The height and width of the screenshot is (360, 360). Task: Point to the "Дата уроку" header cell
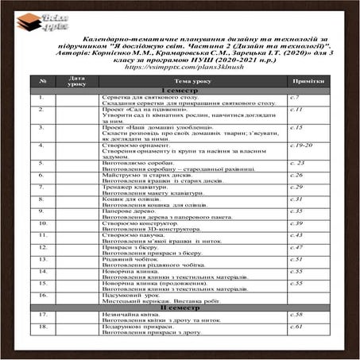[76, 81]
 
